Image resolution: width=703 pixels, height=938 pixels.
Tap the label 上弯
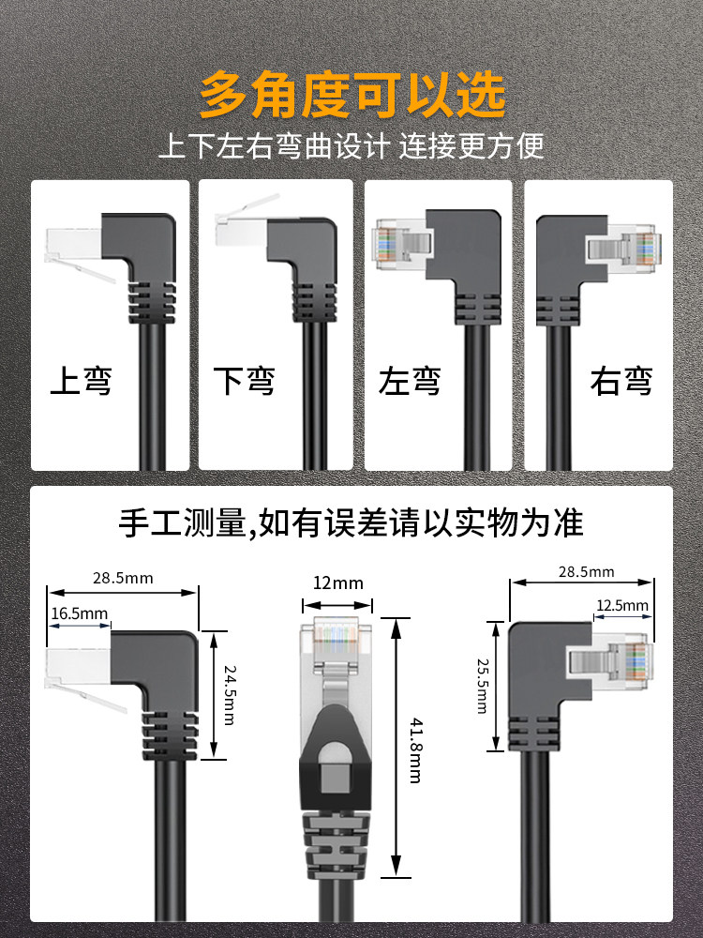click(x=81, y=382)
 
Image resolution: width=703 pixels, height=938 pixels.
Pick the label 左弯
click(x=410, y=382)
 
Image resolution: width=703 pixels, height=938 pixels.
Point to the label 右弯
click(x=621, y=382)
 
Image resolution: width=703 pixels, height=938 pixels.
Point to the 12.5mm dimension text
click(x=622, y=606)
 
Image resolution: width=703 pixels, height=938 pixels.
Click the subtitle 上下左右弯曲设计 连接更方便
click(x=351, y=146)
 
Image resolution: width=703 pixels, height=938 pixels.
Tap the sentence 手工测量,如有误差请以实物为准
click(x=351, y=522)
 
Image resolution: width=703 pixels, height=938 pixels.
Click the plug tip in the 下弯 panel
click(x=240, y=225)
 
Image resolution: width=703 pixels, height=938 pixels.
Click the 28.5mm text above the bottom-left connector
click(x=123, y=578)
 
